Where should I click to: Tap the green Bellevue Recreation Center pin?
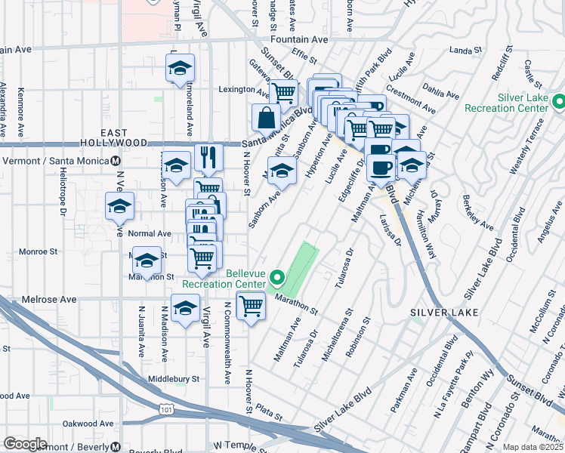click(276, 278)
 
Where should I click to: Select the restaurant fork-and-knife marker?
click(208, 157)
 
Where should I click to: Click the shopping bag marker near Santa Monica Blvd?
click(267, 118)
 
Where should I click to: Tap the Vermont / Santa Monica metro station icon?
click(116, 161)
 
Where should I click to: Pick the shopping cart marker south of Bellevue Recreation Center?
click(251, 306)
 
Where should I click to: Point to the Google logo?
click(25, 444)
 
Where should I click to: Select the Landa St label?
click(465, 51)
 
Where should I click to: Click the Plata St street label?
click(268, 415)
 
